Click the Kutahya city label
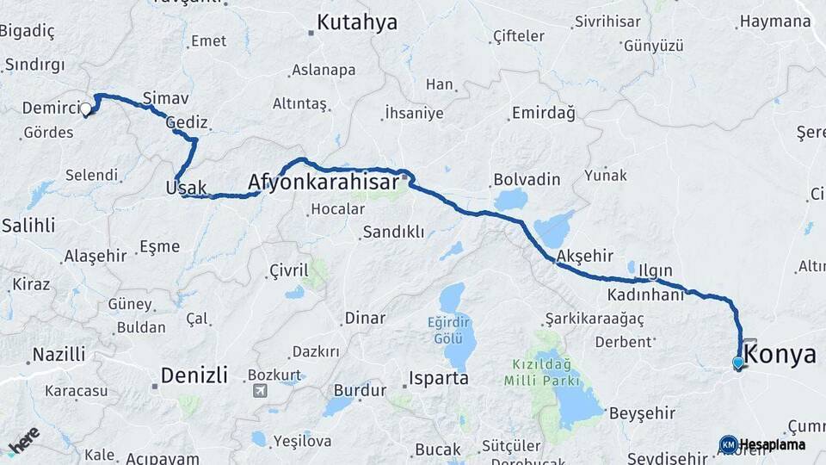point(356,23)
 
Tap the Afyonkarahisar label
point(324,183)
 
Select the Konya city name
point(780,354)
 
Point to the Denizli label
point(194,375)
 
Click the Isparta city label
point(438,378)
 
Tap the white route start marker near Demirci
point(86,109)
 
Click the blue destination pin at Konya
point(738,363)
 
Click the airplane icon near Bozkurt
point(259,390)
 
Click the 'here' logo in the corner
point(24,440)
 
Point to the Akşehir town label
point(584,256)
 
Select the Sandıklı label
point(393,232)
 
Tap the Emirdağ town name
point(543,113)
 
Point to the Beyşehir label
point(638,413)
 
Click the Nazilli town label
point(59,354)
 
